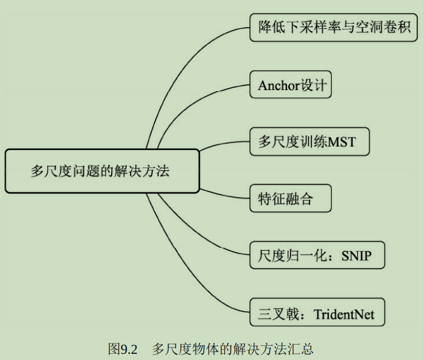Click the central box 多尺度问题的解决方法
(x=102, y=171)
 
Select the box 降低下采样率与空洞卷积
(x=334, y=27)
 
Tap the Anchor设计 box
(x=290, y=85)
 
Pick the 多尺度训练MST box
(x=309, y=142)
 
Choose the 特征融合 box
(x=290, y=199)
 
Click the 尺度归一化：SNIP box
(x=317, y=255)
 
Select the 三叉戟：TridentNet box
(x=317, y=312)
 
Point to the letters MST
(x=344, y=142)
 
